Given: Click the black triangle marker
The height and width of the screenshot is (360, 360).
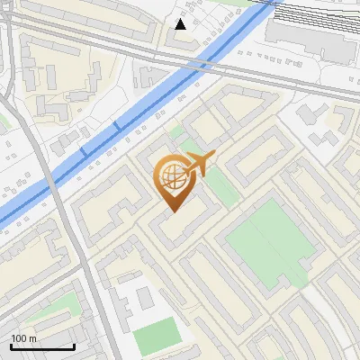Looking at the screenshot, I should click(x=181, y=24).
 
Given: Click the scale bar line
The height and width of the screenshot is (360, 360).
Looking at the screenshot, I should click(x=42, y=346).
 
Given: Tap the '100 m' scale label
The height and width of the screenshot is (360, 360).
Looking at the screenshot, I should click(x=24, y=338).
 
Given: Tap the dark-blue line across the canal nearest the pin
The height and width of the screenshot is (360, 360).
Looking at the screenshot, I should click(x=116, y=127).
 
